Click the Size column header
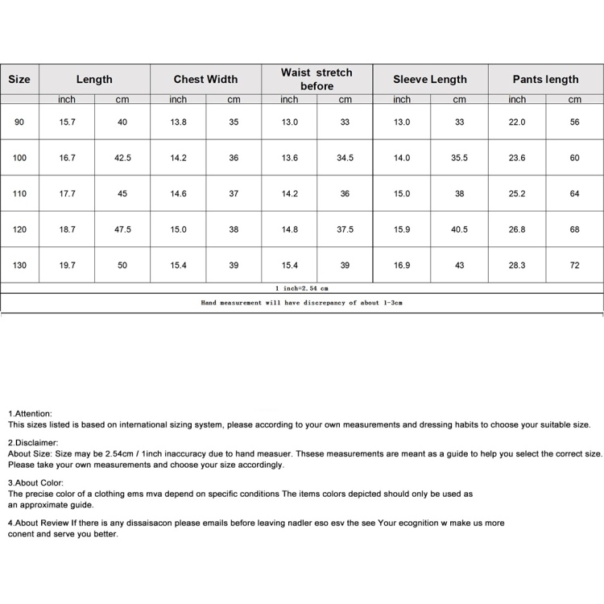pos(19,79)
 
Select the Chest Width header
pos(205,79)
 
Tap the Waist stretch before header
pos(316,79)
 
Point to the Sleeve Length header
pos(429,79)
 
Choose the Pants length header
pos(545,79)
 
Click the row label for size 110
pos(19,194)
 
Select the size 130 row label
pos(19,265)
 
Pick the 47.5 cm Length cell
pos(122,230)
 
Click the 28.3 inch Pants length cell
pos(517,265)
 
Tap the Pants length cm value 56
pos(574,122)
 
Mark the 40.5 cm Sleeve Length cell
pos(459,230)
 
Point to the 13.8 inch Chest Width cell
pos(178,122)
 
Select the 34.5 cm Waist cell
pos(345,159)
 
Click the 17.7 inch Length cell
pos(67,194)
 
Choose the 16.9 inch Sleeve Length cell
pos(401,265)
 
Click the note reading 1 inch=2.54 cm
pos(301,288)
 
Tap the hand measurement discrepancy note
pos(301,303)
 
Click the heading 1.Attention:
pos(30,413)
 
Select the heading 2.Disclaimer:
pos(33,443)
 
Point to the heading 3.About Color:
pos(36,483)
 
